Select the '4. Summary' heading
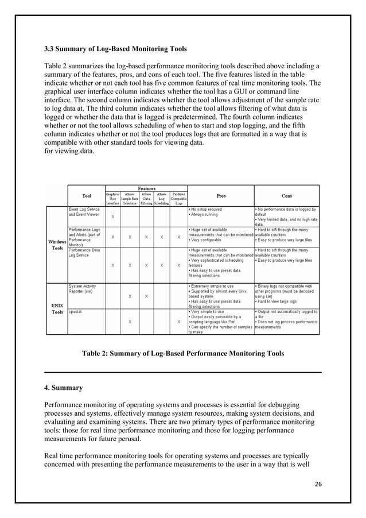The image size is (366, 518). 64,388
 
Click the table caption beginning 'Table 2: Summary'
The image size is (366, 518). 183,354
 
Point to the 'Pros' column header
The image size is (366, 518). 221,196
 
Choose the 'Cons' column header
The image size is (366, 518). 287,196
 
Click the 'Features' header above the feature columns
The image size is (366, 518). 146,188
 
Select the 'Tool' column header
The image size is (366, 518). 86,196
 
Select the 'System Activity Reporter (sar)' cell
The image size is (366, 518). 84,288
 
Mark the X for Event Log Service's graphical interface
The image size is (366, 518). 112,217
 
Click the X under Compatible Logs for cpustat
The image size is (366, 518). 179,322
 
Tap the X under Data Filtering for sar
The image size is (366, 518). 147,296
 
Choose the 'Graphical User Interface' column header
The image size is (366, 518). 112,199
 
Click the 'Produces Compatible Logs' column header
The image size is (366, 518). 179,199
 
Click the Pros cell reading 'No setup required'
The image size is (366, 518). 221,212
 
